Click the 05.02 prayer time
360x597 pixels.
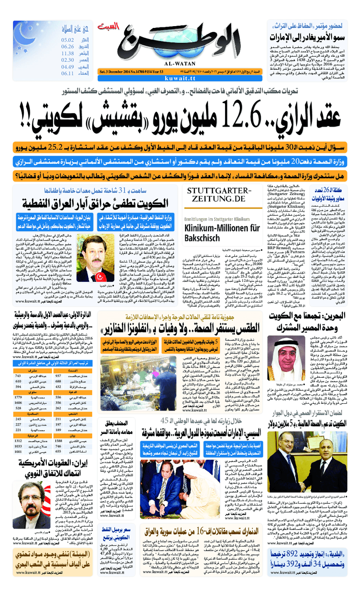[68, 40]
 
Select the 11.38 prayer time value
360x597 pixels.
[68, 54]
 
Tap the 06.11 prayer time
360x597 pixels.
[68, 73]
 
